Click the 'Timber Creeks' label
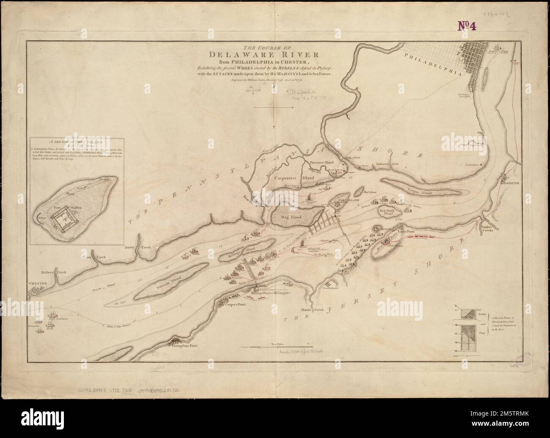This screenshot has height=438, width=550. pyautogui.click(x=490, y=230)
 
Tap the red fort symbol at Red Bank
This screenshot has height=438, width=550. pyautogui.click(x=386, y=242)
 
